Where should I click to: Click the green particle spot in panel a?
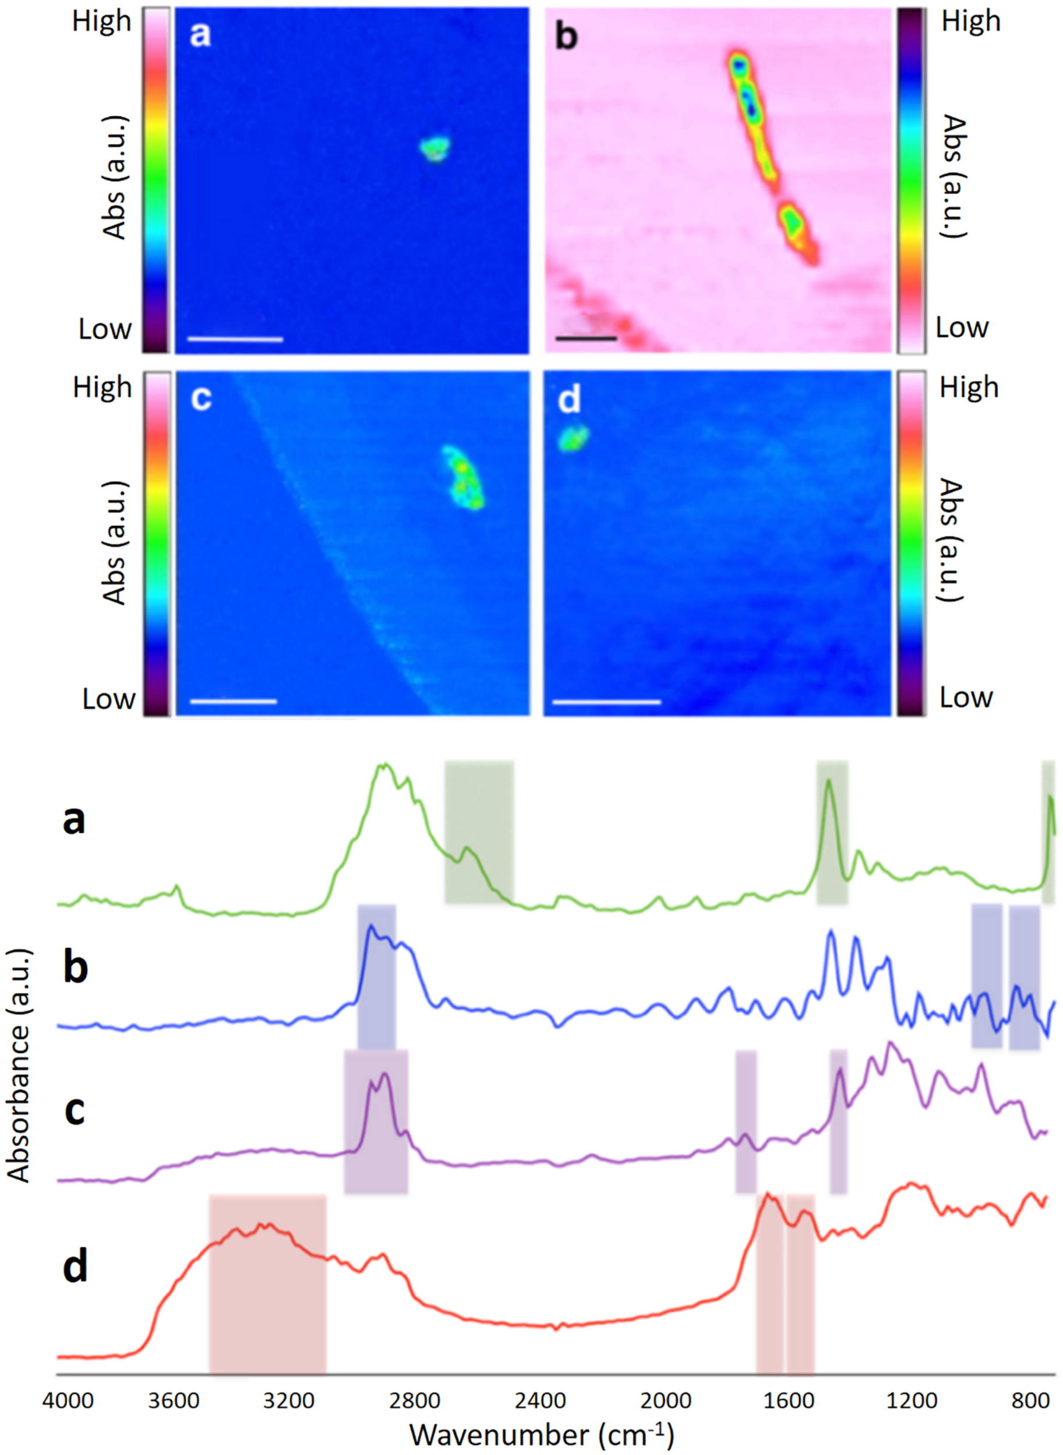(x=435, y=148)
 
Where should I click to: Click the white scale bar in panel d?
(x=606, y=701)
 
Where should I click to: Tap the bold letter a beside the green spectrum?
(x=73, y=821)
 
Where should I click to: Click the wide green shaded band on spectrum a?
(x=479, y=832)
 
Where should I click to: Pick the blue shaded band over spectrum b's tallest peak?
(x=376, y=976)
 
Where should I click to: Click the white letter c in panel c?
(x=201, y=400)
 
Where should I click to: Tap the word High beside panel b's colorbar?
(x=971, y=22)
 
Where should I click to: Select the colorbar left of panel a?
(x=157, y=180)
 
